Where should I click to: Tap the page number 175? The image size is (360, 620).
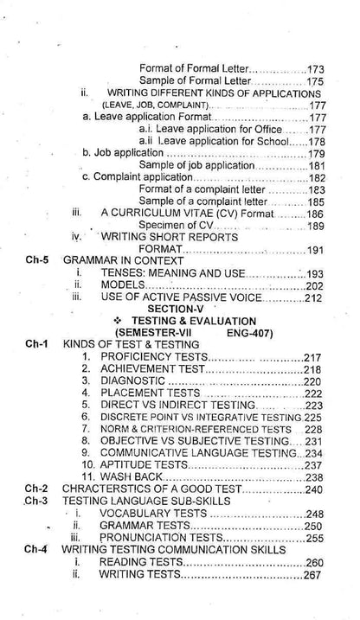point(315,80)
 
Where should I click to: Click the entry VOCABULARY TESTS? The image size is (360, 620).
point(153,514)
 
